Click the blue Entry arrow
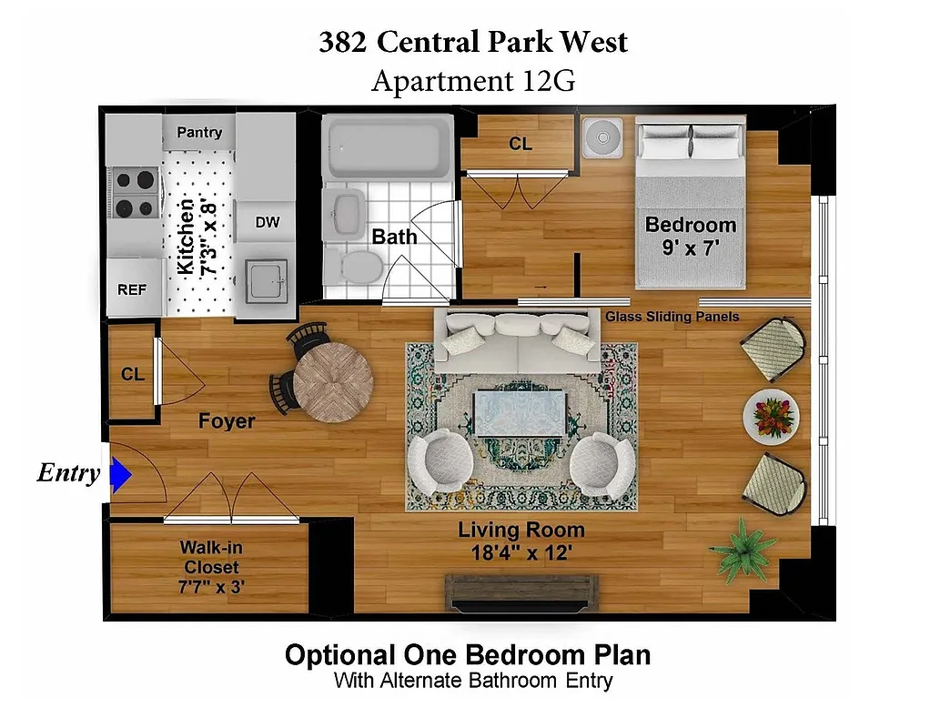click(x=121, y=474)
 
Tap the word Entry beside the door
click(x=68, y=474)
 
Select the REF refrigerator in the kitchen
click(x=132, y=289)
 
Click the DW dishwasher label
click(x=267, y=222)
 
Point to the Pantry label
click(x=199, y=133)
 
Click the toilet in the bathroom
click(x=360, y=265)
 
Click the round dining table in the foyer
click(x=333, y=382)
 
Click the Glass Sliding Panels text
click(x=672, y=317)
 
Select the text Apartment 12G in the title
click(x=473, y=81)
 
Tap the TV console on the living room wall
click(x=521, y=593)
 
